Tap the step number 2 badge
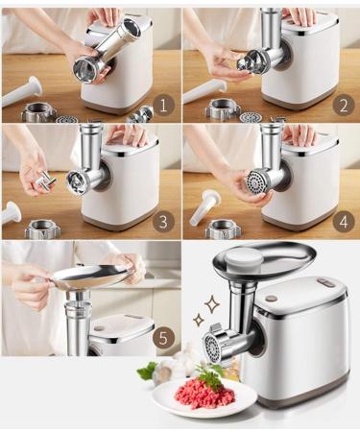[344, 105]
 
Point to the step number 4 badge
[344, 220]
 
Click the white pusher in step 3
[12, 212]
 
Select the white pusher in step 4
[204, 207]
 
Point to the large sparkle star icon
[212, 305]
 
